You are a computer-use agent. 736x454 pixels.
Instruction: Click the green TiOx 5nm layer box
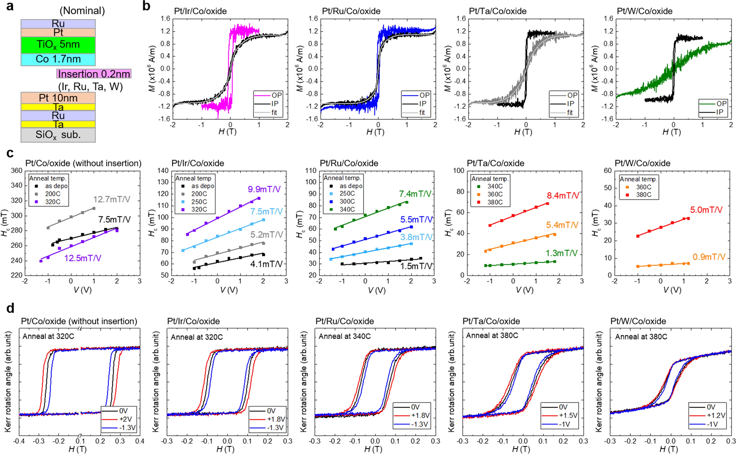pos(58,45)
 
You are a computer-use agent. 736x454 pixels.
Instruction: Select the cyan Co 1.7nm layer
pos(58,59)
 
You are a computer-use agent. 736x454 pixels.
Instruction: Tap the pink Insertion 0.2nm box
pos(94,74)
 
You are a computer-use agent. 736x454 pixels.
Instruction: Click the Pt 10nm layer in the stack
pos(58,98)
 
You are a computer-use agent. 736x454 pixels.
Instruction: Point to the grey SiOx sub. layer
pos(58,135)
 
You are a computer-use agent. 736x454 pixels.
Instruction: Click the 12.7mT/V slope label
pos(111,199)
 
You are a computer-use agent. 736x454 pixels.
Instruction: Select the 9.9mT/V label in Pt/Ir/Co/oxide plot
pos(264,189)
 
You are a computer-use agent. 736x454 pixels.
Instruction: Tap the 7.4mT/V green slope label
pos(415,194)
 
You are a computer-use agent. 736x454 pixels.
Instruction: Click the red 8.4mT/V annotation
pos(563,195)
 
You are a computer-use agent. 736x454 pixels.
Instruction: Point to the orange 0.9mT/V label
pos(708,257)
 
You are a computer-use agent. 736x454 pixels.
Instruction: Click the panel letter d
pos(10,308)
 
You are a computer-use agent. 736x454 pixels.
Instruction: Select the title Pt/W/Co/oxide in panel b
pos(644,11)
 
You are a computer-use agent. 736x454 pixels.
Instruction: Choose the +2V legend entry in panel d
pos(125,419)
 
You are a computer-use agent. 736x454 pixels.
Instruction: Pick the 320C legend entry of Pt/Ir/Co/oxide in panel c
pos(199,209)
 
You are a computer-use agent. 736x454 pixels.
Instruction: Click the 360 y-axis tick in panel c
pos(17,171)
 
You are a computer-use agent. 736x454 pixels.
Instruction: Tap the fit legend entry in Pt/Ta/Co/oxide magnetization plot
pos(570,113)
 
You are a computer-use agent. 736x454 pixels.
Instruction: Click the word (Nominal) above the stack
pos(82,11)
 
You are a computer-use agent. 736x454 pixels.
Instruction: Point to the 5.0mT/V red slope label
pos(706,210)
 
